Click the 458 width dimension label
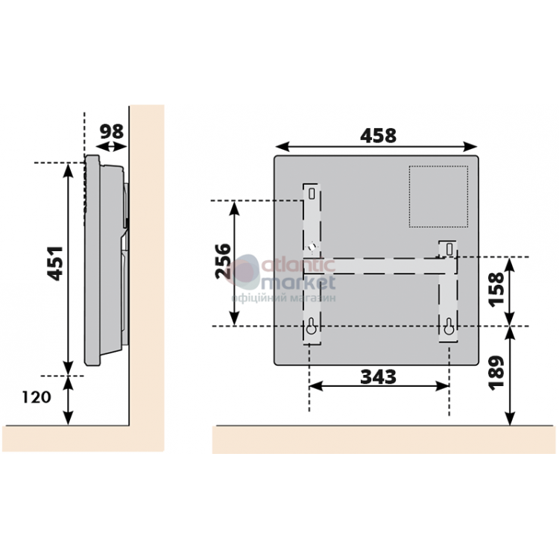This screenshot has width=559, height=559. pyautogui.click(x=378, y=136)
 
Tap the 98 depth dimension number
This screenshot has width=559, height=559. pyautogui.click(x=112, y=131)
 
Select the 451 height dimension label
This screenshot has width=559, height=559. pyautogui.click(x=55, y=263)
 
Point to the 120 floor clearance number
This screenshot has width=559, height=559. pyautogui.click(x=37, y=397)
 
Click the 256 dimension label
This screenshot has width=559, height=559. pyautogui.click(x=223, y=261)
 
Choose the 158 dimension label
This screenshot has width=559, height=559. pyautogui.click(x=496, y=289)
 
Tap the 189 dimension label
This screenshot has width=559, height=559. pyautogui.click(x=496, y=373)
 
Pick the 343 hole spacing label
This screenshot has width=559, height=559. pyautogui.click(x=378, y=377)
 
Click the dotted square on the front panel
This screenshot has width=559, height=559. pyautogui.click(x=438, y=197)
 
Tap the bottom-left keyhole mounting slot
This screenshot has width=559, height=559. pyautogui.click(x=312, y=326)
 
